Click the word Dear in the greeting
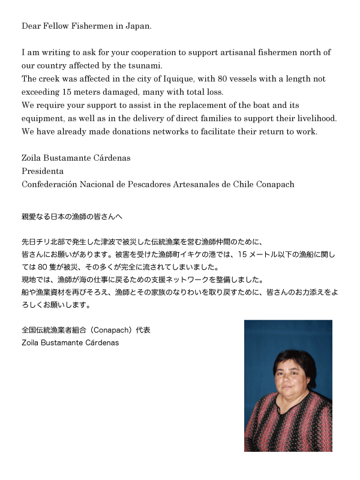pos(31,26)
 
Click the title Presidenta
pos(43,171)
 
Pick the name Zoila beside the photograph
pos(31,343)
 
